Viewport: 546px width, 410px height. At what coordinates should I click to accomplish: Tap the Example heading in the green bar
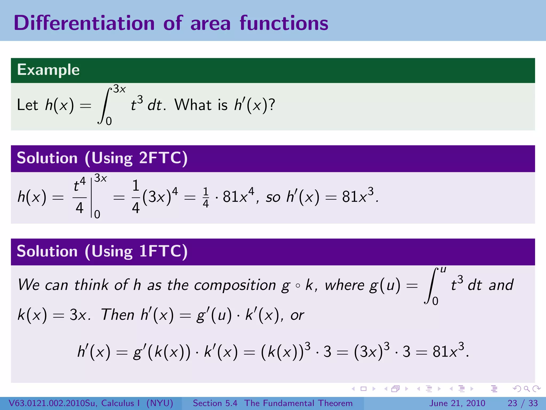pyautogui.click(x=48, y=70)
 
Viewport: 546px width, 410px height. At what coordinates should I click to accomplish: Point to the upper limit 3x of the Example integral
pyautogui.click(x=119, y=89)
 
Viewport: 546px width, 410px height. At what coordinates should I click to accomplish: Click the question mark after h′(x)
pyautogui.click(x=272, y=104)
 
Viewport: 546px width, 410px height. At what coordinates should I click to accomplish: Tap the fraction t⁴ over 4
pyautogui.click(x=79, y=197)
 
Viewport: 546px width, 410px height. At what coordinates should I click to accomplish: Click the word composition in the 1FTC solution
pyautogui.click(x=235, y=285)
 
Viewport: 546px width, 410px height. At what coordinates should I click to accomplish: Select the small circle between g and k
pyautogui.click(x=298, y=286)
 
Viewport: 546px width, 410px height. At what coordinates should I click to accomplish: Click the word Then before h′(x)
pyautogui.click(x=118, y=315)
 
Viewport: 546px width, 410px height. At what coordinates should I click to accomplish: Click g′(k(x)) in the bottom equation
pyautogui.click(x=162, y=352)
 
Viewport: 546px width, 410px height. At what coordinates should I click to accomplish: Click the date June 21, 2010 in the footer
pyautogui.click(x=457, y=403)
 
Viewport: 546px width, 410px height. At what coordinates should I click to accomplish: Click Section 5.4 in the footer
pyautogui.click(x=215, y=403)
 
